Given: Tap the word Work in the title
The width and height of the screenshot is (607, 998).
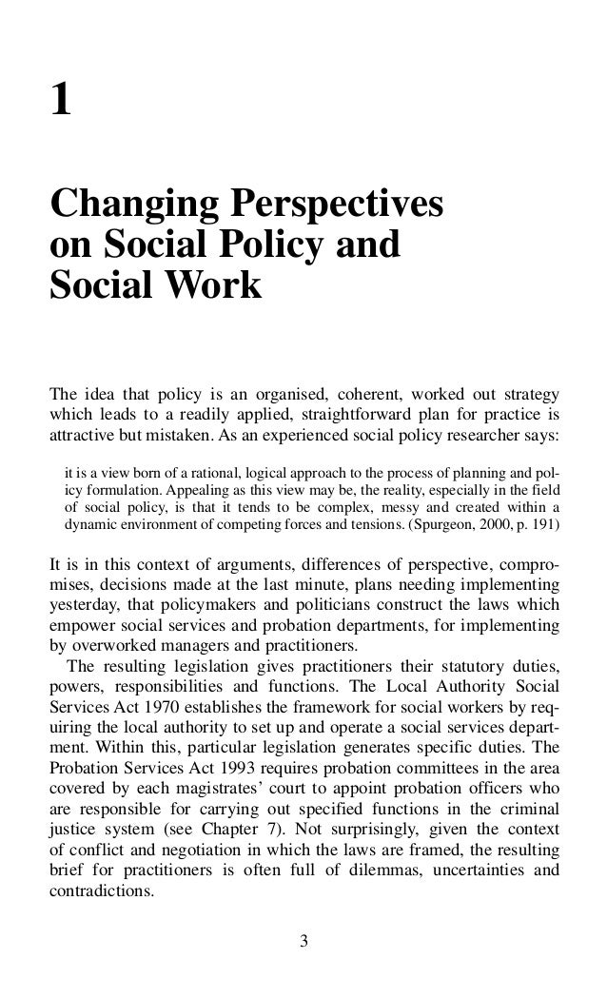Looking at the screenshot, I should tap(216, 284).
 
